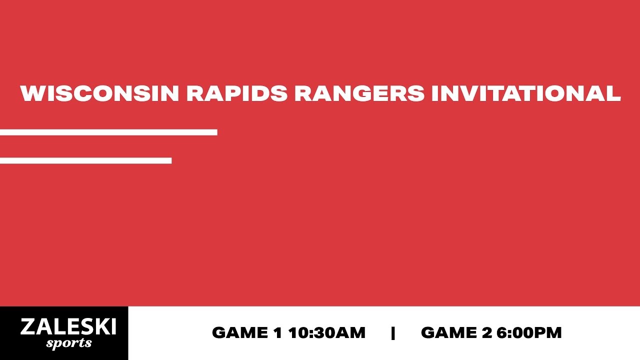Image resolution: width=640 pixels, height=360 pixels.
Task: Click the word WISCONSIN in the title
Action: (99, 94)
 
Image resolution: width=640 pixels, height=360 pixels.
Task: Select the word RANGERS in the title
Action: (359, 94)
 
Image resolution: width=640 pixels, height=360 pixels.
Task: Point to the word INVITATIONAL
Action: (525, 94)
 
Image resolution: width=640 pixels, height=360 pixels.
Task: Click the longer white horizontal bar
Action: (108, 132)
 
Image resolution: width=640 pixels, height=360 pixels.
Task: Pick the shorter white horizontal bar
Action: (85, 160)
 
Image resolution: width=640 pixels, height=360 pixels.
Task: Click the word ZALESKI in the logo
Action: (68, 327)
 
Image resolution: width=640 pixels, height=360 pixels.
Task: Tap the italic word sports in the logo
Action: (69, 343)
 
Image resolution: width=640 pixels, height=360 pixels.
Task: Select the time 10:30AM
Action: (327, 333)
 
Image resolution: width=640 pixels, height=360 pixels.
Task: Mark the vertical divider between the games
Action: (393, 333)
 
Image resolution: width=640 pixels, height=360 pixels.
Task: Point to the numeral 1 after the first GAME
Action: (278, 333)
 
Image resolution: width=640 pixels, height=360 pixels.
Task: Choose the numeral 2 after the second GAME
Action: (488, 333)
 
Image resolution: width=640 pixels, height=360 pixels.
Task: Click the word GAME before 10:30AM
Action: (240, 333)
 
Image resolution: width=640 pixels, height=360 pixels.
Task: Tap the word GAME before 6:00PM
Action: (449, 333)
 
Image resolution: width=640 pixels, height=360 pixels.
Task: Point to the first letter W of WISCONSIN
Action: (31, 94)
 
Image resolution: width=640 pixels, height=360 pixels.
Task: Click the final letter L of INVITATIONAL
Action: (613, 94)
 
